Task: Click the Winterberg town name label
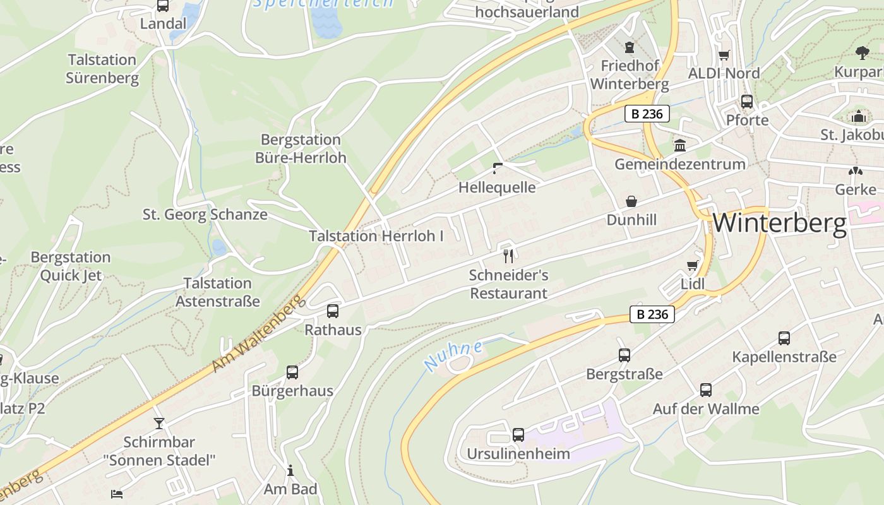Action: coord(779,223)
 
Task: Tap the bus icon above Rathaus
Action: coord(333,311)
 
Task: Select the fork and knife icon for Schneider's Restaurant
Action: coord(508,256)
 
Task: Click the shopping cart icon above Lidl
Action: coord(693,265)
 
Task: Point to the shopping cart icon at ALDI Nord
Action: coord(724,55)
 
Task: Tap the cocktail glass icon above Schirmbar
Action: coord(159,423)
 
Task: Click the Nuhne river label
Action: coord(453,355)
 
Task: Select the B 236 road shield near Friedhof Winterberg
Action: coord(647,114)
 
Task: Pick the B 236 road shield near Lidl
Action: coord(652,314)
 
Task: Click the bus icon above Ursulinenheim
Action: coord(518,434)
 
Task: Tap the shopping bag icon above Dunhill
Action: coord(631,201)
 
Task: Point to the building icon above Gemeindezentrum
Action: coord(680,146)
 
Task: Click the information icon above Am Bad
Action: coord(290,470)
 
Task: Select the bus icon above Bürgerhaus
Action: coord(292,372)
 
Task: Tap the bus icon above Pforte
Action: coord(747,101)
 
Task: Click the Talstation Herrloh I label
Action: coord(376,236)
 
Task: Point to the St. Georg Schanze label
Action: coord(205,215)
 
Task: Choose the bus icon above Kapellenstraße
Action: coord(784,338)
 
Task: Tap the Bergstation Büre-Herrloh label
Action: coord(301,148)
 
